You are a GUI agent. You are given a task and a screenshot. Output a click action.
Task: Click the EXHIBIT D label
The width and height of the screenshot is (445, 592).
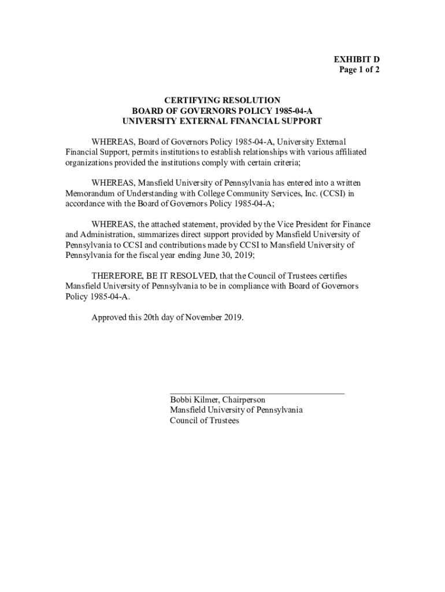(356, 60)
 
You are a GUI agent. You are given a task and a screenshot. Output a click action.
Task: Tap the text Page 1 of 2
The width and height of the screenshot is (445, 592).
(359, 70)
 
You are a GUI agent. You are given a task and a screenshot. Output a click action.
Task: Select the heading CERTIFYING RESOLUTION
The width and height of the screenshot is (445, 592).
(222, 100)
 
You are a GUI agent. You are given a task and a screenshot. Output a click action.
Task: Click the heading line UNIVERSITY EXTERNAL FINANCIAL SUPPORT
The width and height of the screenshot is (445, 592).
(222, 121)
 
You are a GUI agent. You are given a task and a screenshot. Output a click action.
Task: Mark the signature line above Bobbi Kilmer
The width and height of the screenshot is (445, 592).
(257, 393)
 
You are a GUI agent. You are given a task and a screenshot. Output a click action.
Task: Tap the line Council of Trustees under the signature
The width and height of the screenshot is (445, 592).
(204, 421)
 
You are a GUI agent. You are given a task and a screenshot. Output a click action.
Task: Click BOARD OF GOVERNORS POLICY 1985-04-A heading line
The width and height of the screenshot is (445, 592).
(222, 110)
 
